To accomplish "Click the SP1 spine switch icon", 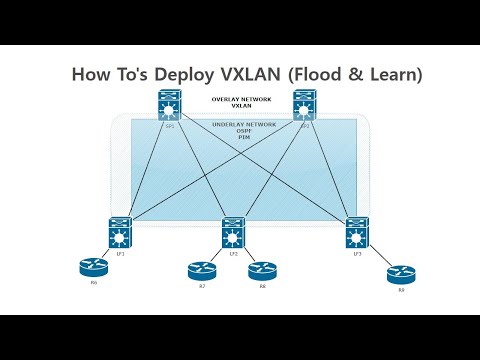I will click(168, 105).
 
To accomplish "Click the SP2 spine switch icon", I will click(304, 105).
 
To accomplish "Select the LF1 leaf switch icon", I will click(121, 232).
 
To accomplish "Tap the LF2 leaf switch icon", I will click(233, 232).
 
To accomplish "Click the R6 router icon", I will click(95, 268).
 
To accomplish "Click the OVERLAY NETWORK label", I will click(237, 99).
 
